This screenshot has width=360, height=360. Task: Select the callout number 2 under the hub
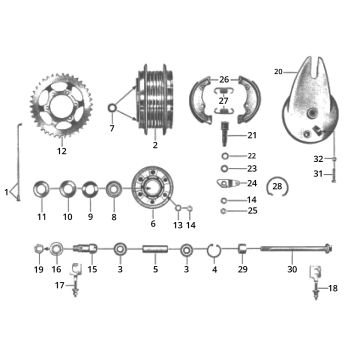pyautogui.click(x=155, y=146)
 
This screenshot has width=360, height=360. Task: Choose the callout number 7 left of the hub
pyautogui.click(x=112, y=129)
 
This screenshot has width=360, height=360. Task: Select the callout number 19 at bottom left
pyautogui.click(x=38, y=270)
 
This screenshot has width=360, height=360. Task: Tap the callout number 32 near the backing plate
pyautogui.click(x=318, y=159)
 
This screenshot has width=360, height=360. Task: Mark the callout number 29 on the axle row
pyautogui.click(x=241, y=270)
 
